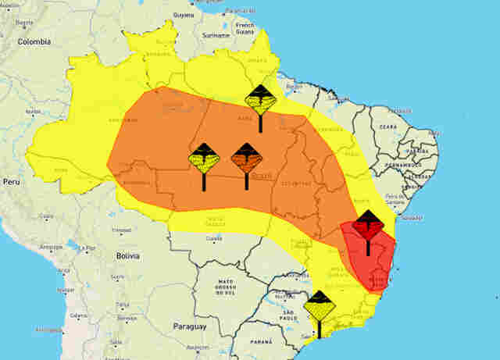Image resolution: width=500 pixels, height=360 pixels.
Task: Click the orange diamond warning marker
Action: [246, 160]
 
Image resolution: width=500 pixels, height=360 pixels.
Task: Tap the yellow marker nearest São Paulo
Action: [319, 308]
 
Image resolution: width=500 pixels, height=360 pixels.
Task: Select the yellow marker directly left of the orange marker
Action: [204, 160]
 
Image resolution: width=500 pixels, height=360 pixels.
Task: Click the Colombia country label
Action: [34, 41]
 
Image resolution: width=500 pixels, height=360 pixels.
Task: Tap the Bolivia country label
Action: [127, 255]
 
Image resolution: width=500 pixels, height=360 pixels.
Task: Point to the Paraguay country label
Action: [189, 326]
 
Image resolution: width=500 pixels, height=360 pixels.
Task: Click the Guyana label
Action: [183, 15]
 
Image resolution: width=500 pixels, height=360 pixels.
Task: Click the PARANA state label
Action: [252, 343]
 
